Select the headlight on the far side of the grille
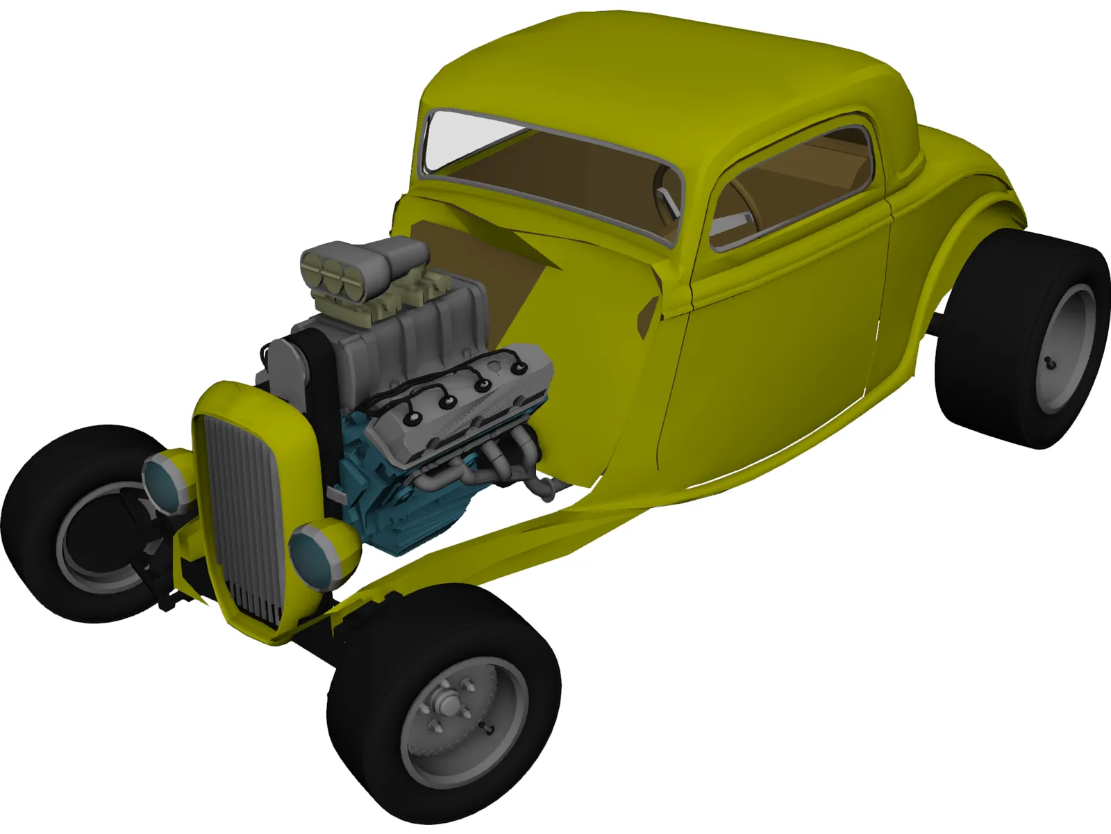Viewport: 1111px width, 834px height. point(167,480)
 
